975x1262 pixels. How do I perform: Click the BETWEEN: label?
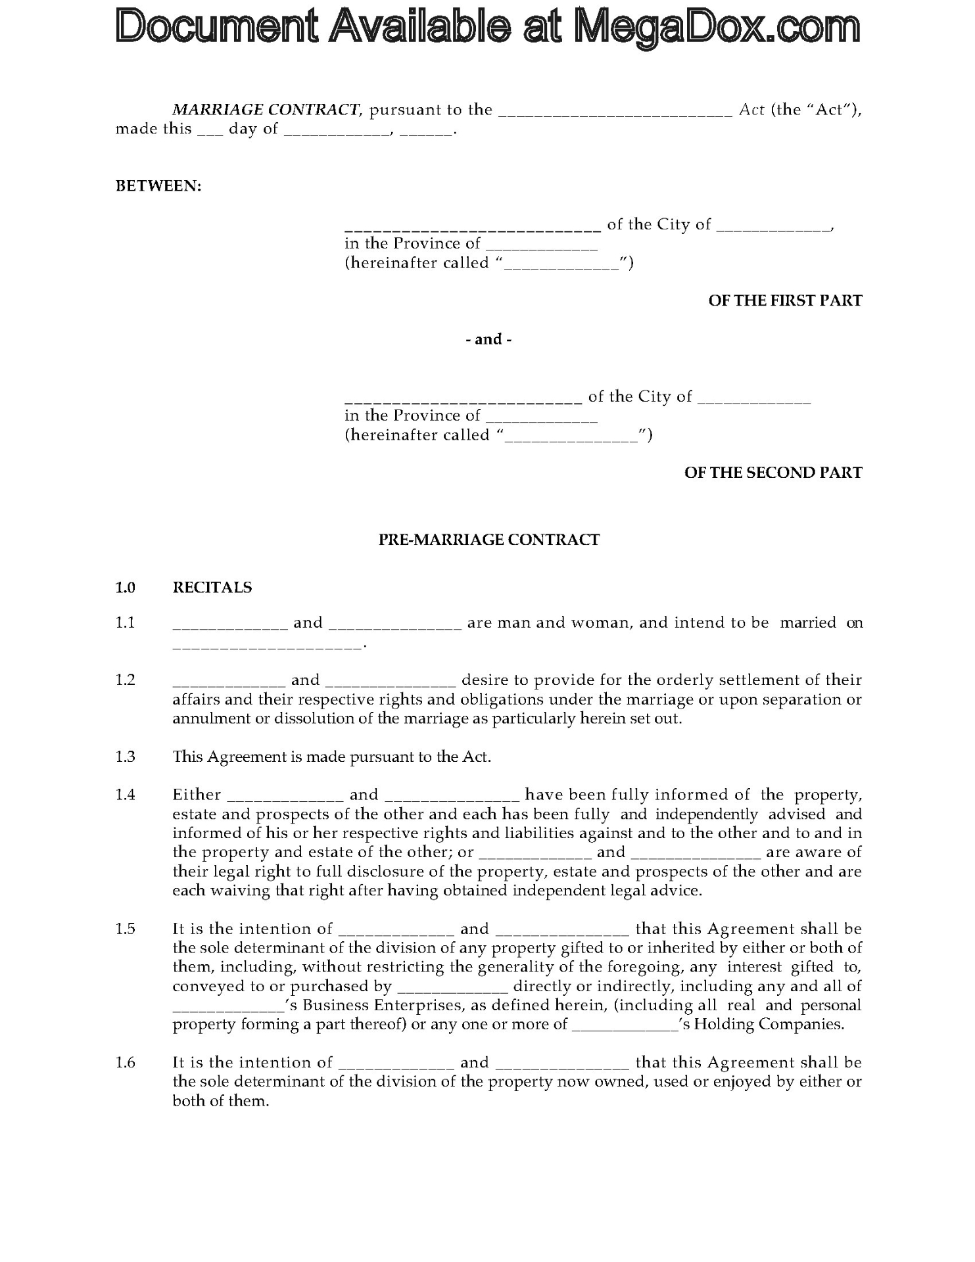[158, 186]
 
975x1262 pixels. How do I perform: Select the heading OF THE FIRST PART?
[785, 300]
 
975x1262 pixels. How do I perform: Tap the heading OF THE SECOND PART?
[773, 473]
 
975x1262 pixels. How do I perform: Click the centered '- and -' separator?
[488, 339]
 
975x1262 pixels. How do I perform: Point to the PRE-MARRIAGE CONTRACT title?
[489, 540]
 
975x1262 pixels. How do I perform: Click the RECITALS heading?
[212, 587]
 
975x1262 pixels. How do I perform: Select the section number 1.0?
[126, 587]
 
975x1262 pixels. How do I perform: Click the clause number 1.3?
[126, 757]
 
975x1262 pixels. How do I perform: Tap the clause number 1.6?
[126, 1062]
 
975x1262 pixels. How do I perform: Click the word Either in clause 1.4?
[197, 795]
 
